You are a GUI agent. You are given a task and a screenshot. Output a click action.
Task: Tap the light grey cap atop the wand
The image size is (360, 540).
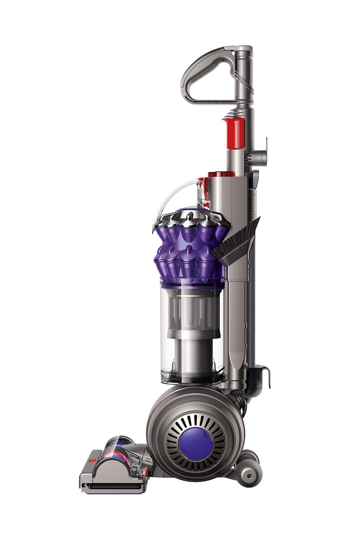pyautogui.click(x=243, y=48)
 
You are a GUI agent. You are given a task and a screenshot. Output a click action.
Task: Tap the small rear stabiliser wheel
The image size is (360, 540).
pyautogui.click(x=248, y=472)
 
